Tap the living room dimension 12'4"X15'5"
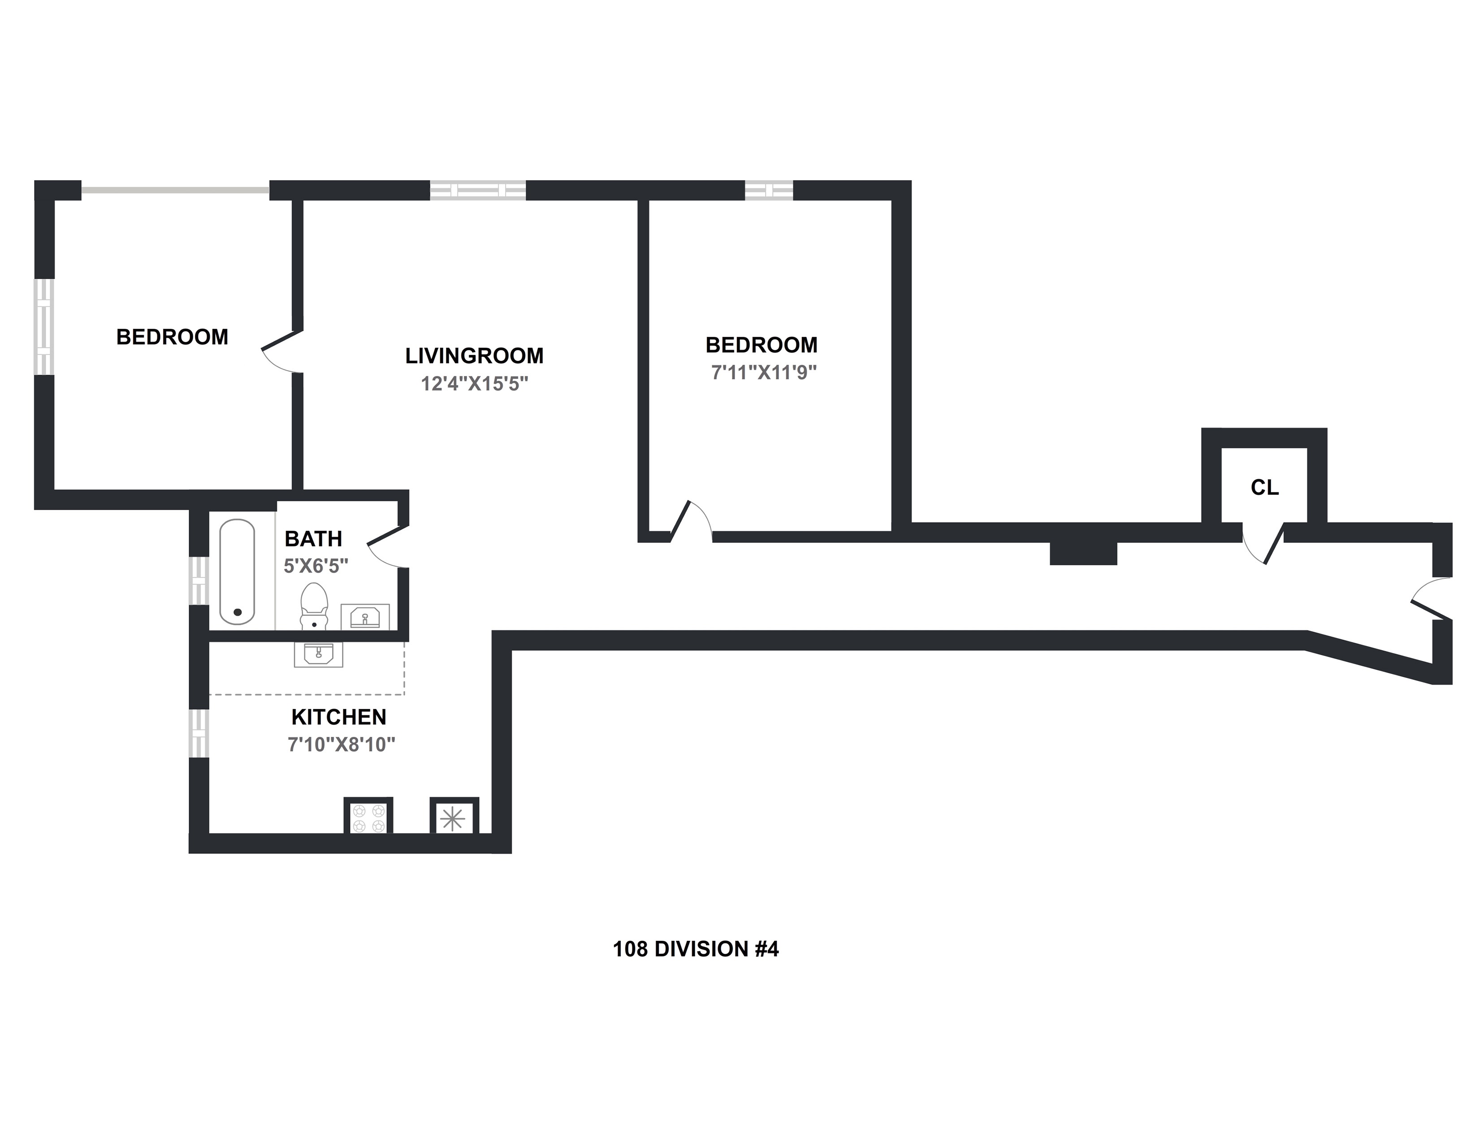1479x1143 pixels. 474,384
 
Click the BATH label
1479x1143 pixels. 313,538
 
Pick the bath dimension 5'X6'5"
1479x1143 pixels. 316,566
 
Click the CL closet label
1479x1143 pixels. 1264,488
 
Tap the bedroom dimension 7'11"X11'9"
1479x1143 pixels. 764,372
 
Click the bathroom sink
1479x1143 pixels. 364,616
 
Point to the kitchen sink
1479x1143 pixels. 318,654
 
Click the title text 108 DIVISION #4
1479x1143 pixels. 696,949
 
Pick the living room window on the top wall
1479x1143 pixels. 477,190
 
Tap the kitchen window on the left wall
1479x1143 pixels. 199,733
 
